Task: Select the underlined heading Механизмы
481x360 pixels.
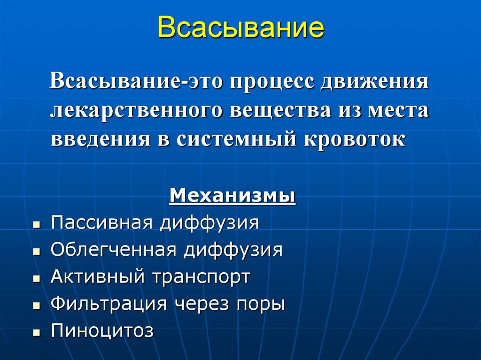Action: tap(232, 195)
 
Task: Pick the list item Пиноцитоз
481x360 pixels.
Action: tap(102, 331)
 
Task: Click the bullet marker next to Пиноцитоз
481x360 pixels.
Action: tap(36, 333)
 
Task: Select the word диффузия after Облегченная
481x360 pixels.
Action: tap(233, 250)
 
